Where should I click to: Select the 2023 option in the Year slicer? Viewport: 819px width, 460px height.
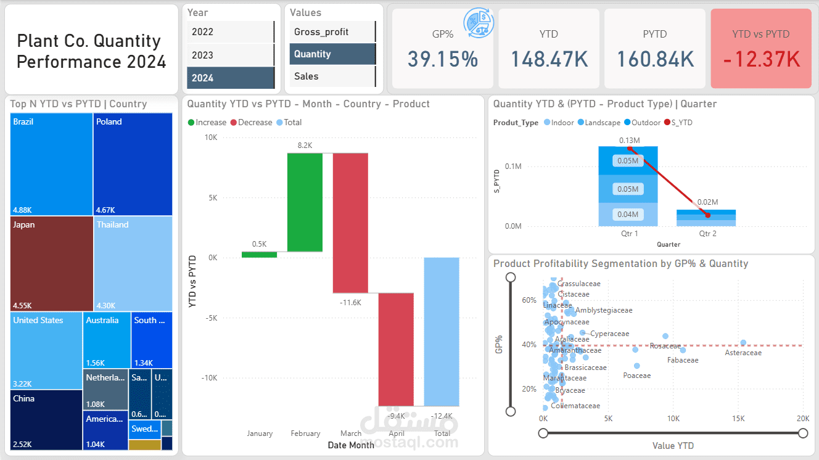point(230,55)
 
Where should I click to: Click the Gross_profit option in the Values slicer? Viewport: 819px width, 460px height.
point(332,32)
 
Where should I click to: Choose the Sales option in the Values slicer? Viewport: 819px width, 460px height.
point(332,76)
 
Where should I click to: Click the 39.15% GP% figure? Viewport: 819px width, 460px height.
point(442,59)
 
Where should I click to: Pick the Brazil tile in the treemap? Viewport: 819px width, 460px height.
point(51,164)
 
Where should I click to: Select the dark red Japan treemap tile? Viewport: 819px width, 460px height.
point(51,263)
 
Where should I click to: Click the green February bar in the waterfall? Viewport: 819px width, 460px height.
point(305,202)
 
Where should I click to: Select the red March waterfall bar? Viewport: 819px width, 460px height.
point(350,223)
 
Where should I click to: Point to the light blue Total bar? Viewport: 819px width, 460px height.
point(442,331)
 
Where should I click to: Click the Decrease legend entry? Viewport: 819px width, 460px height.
point(251,123)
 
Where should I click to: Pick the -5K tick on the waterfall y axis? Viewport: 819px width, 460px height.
point(211,318)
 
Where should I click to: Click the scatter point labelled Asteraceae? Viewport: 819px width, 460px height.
point(743,343)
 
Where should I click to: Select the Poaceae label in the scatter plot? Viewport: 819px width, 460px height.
point(636,376)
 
